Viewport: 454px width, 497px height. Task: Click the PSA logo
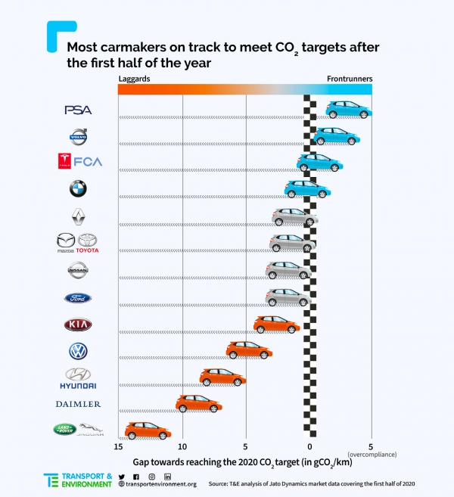pyautogui.click(x=78, y=110)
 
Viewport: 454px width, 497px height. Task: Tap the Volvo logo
pyautogui.click(x=79, y=136)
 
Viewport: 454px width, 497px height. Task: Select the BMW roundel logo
pyautogui.click(x=78, y=188)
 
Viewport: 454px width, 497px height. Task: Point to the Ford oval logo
pyautogui.click(x=78, y=297)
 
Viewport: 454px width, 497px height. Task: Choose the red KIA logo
pyautogui.click(x=78, y=325)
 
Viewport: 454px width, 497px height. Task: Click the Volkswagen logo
pyautogui.click(x=78, y=351)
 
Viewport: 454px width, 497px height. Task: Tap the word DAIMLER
pyautogui.click(x=78, y=404)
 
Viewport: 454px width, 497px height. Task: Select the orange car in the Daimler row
pyautogui.click(x=199, y=402)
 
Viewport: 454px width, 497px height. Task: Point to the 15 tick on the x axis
pyautogui.click(x=119, y=446)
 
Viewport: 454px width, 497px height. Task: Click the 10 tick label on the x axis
pyautogui.click(x=182, y=446)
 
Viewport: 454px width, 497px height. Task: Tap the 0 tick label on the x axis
pyautogui.click(x=309, y=446)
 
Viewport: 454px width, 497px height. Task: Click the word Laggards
pyautogui.click(x=134, y=79)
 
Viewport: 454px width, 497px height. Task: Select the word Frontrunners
pyautogui.click(x=350, y=79)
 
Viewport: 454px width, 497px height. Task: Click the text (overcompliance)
pyautogui.click(x=372, y=454)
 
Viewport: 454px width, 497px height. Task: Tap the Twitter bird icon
pyautogui.click(x=122, y=476)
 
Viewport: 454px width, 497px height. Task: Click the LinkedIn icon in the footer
pyautogui.click(x=167, y=476)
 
